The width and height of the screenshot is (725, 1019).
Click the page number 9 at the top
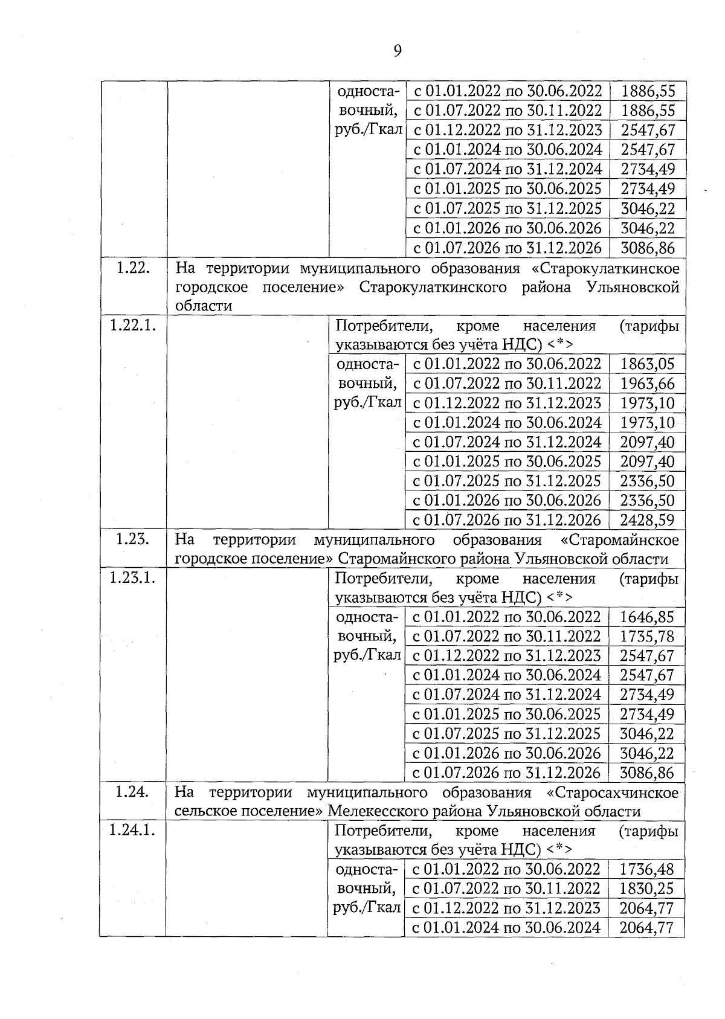click(397, 50)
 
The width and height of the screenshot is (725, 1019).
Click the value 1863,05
click(647, 364)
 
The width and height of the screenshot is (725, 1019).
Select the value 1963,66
click(647, 384)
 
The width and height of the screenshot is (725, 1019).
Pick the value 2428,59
click(647, 520)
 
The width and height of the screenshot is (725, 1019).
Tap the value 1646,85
click(647, 617)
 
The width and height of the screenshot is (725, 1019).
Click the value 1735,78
click(647, 636)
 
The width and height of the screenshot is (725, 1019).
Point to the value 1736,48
click(646, 869)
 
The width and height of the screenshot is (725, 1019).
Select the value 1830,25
click(646, 889)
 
